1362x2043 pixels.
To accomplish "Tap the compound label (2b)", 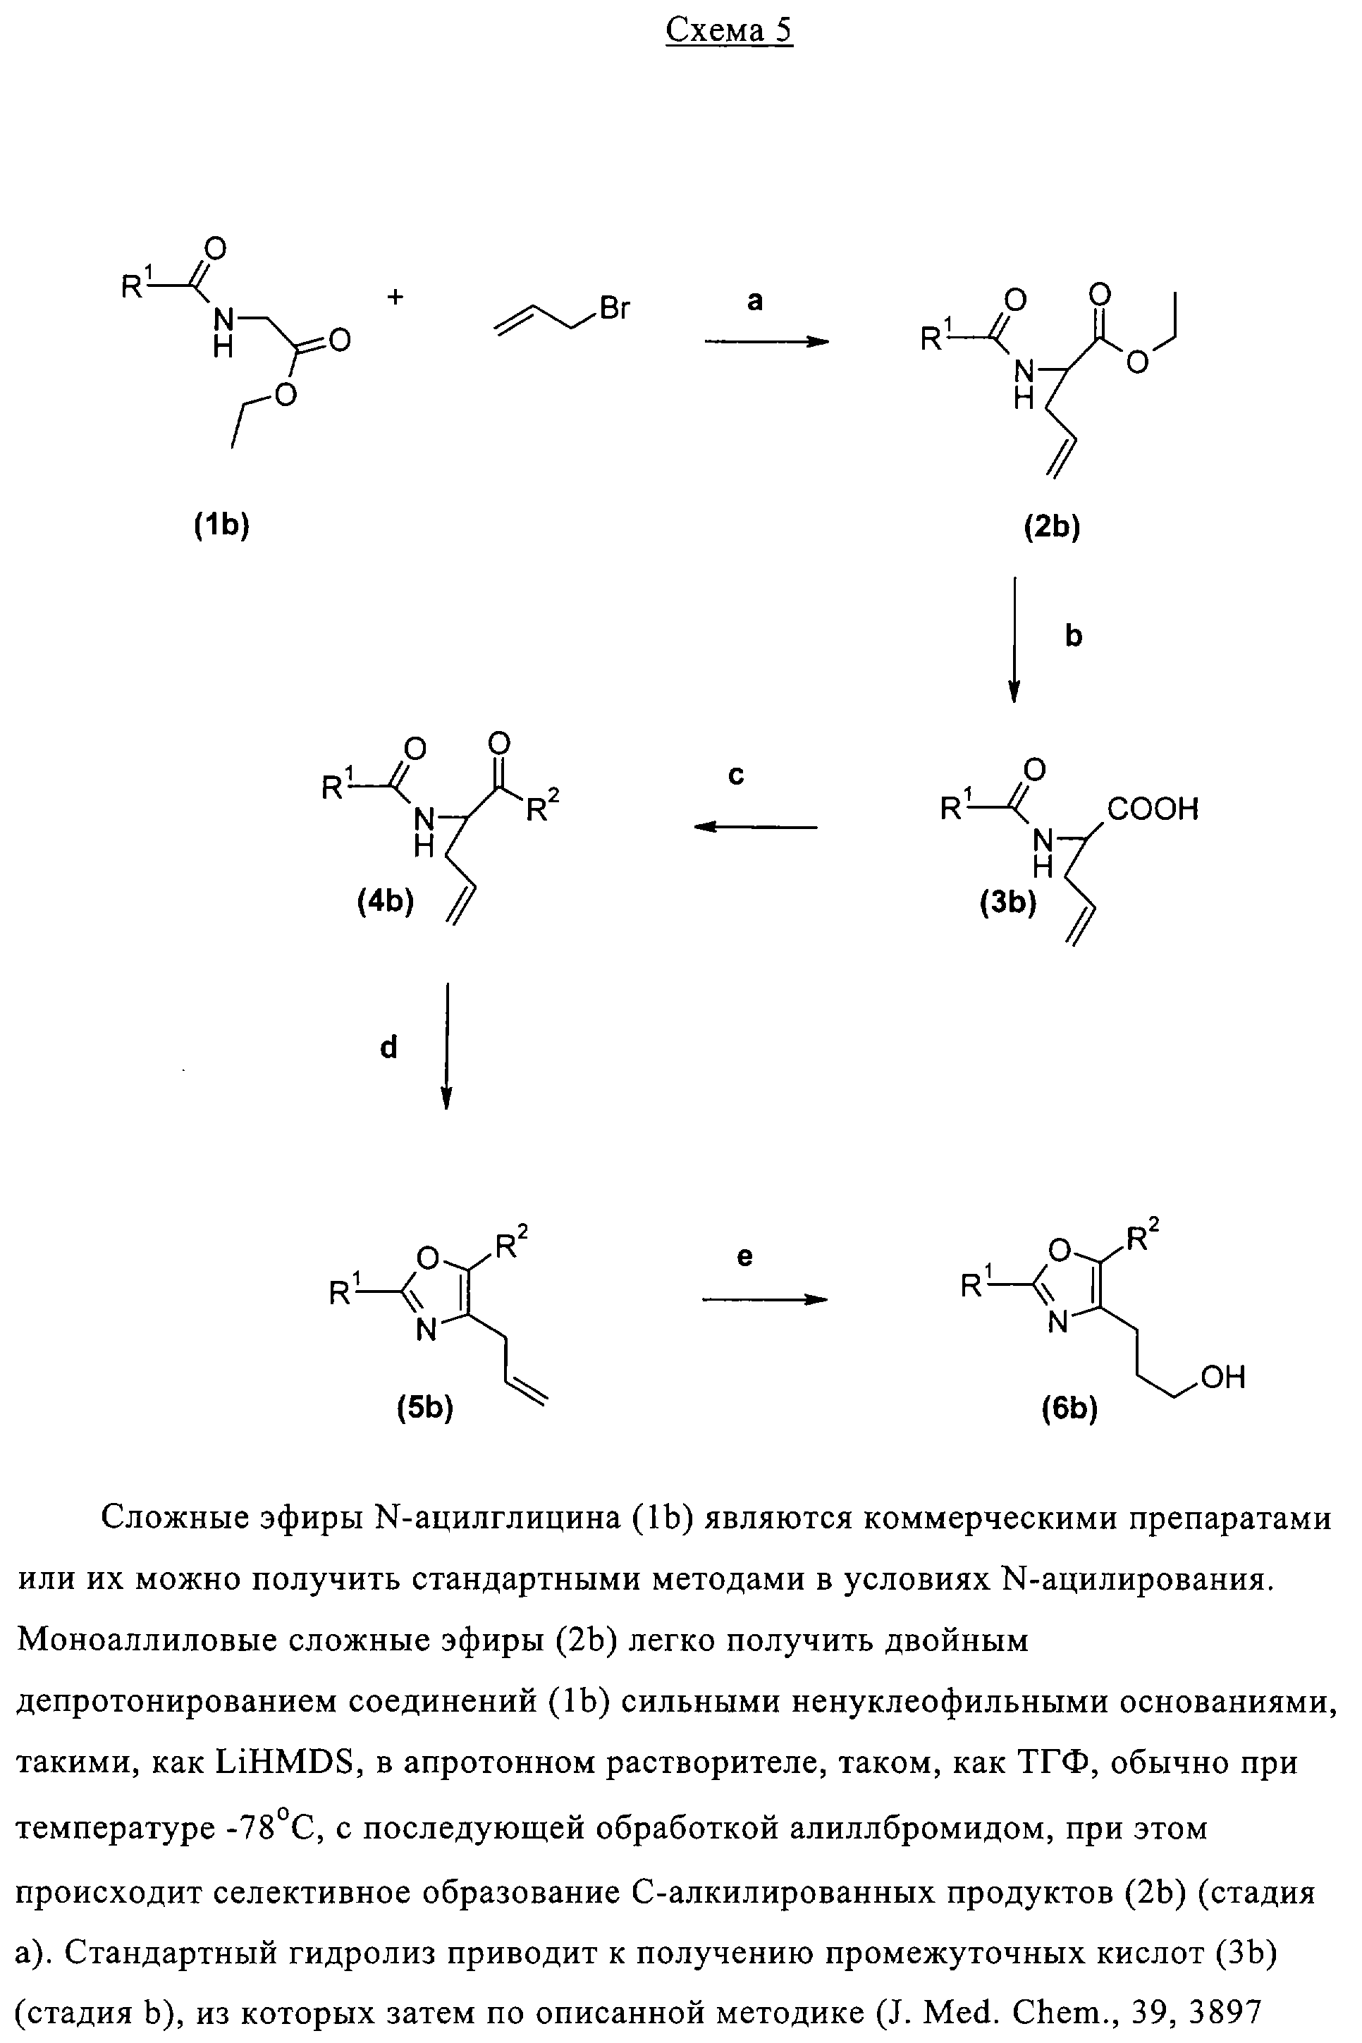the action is pos(1052,527).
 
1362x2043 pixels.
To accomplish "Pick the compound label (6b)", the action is pos(1070,1409).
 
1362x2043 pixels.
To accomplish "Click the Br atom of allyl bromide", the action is pos(614,308).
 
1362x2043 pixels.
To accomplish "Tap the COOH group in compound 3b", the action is pos(1153,809).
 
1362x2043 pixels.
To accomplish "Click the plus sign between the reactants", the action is pos(395,297).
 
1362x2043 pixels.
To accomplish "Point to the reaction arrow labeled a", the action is pos(766,342).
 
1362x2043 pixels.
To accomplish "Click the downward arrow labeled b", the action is pos(1014,639).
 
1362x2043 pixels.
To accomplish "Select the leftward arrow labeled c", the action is pos(755,827).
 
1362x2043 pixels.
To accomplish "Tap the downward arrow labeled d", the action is pos(446,1046).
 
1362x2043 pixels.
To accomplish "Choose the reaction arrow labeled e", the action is pos(764,1299).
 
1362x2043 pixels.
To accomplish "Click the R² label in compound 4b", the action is pos(543,808).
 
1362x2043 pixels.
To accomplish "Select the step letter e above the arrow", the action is pos(744,1257).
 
